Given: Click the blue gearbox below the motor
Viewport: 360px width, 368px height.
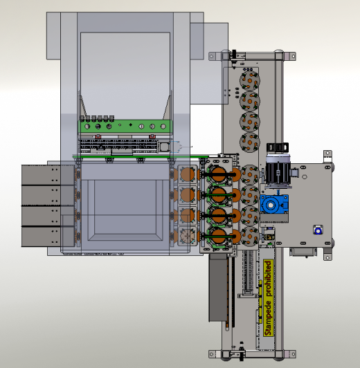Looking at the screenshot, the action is pos(274,205).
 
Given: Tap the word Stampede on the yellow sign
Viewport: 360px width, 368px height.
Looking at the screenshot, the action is pos(268,318).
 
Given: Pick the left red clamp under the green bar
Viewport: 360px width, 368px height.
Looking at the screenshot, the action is pos(98,136).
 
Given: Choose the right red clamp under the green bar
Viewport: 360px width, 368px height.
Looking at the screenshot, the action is pos(152,136).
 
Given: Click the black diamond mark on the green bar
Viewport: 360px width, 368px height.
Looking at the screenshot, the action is pos(131,125).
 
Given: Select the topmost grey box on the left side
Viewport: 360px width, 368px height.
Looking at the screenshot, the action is pos(48,175).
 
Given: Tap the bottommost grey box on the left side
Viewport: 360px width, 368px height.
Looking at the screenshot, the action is pos(48,237).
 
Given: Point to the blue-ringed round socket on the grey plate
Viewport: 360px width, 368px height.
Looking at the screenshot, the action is pos(318,231).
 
